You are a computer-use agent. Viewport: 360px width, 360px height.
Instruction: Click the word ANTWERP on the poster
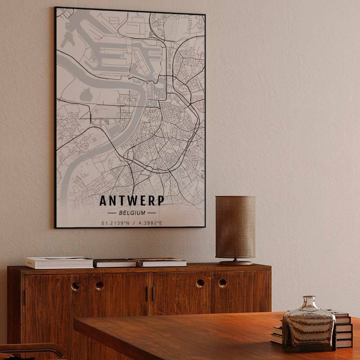point(132,200)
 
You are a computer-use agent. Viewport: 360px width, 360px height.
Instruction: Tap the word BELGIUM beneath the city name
point(132,212)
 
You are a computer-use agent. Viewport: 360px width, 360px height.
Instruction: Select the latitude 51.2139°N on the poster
point(115,222)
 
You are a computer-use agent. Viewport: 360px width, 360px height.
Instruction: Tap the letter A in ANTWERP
point(103,200)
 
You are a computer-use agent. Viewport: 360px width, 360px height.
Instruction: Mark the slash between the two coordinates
point(134,222)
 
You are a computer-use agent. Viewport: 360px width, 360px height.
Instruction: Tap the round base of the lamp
point(236,262)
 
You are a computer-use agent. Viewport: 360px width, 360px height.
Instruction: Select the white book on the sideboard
point(59,262)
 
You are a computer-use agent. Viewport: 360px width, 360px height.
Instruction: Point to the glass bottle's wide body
point(309,331)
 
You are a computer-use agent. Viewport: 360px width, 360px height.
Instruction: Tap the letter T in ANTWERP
point(121,200)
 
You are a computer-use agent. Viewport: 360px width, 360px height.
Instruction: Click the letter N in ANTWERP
point(112,200)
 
